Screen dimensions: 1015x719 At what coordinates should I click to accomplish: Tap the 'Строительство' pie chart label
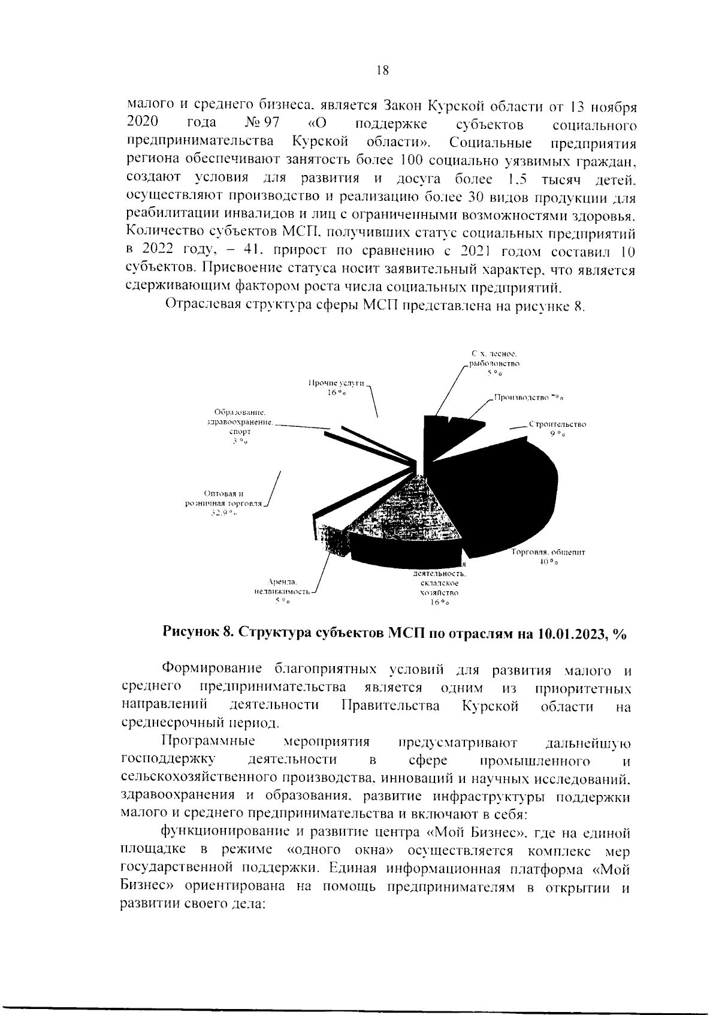pyautogui.click(x=557, y=424)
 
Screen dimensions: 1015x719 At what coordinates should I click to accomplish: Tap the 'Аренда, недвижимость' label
pyautogui.click(x=283, y=586)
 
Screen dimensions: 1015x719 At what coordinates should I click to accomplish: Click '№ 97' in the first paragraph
pyautogui.click(x=262, y=124)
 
